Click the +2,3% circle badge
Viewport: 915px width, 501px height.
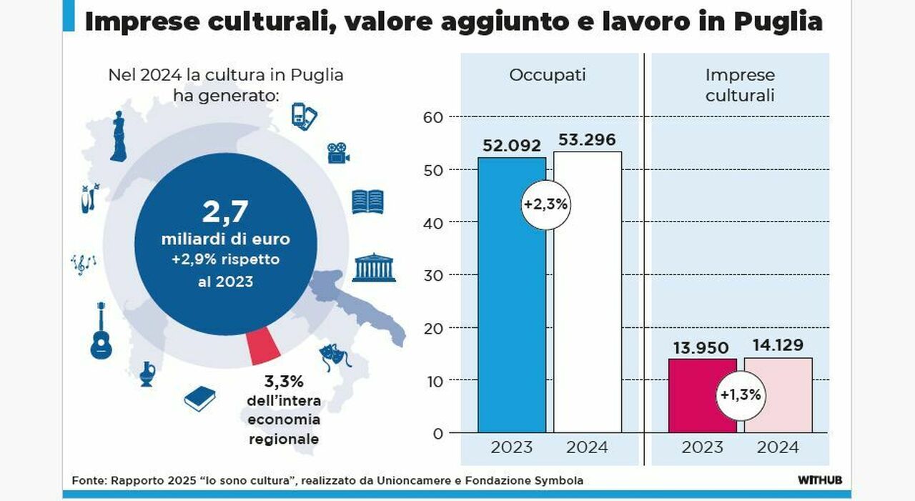point(545,204)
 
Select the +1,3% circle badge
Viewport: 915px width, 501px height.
point(740,394)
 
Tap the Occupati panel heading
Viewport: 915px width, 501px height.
point(547,75)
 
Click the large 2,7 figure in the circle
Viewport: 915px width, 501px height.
point(225,213)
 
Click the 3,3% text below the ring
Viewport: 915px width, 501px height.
point(284,382)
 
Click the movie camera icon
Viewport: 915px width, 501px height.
point(338,152)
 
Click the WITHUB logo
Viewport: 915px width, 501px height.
point(819,480)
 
